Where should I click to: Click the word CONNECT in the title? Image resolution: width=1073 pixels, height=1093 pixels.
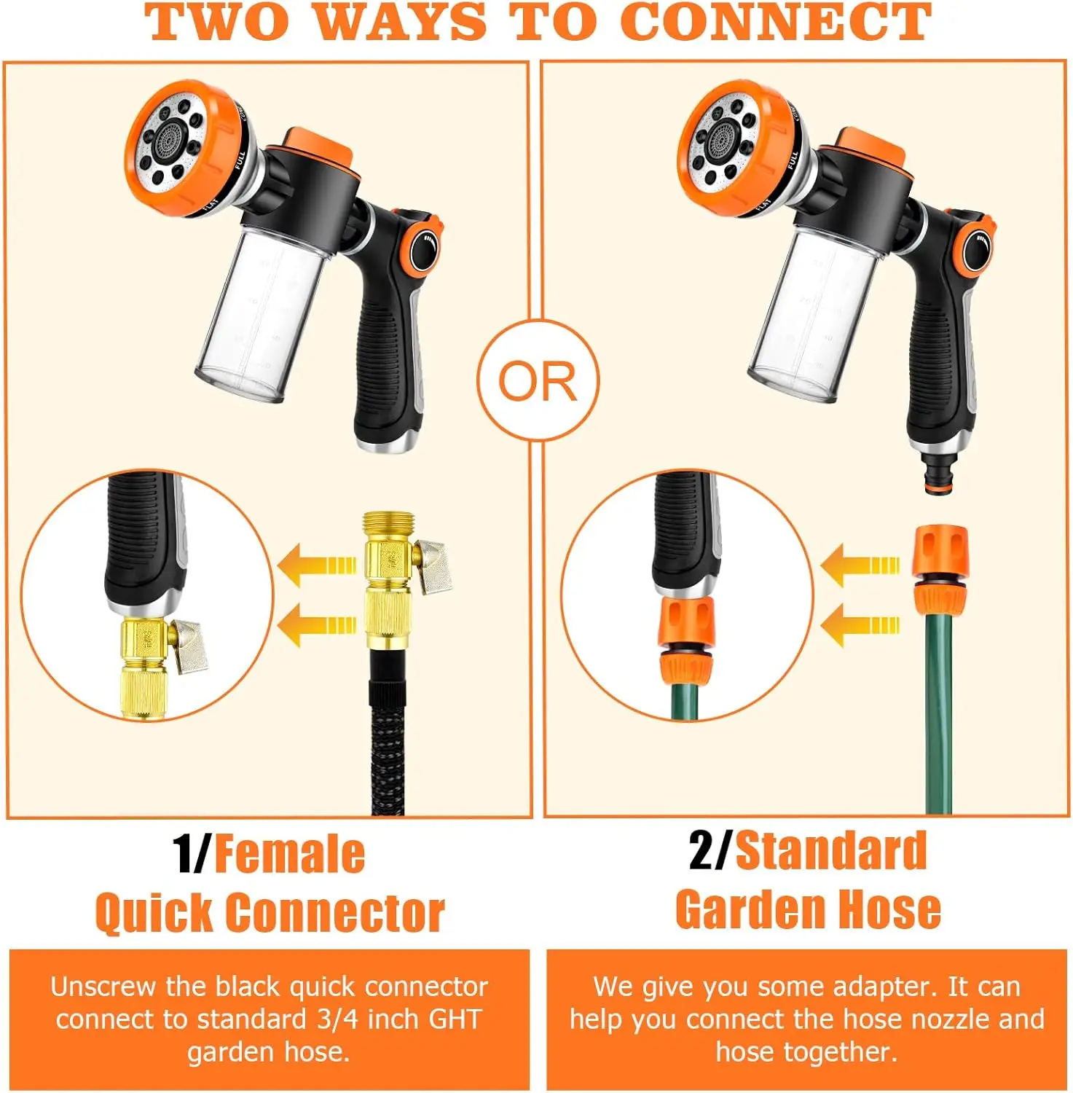[776, 22]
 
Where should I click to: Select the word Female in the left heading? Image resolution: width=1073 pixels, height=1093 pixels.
[290, 854]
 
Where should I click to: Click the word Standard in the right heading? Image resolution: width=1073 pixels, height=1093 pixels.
[831, 850]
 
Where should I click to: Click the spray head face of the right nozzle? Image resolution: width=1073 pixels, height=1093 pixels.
[725, 144]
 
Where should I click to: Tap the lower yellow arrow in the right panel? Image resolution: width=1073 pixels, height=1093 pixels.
[860, 625]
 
